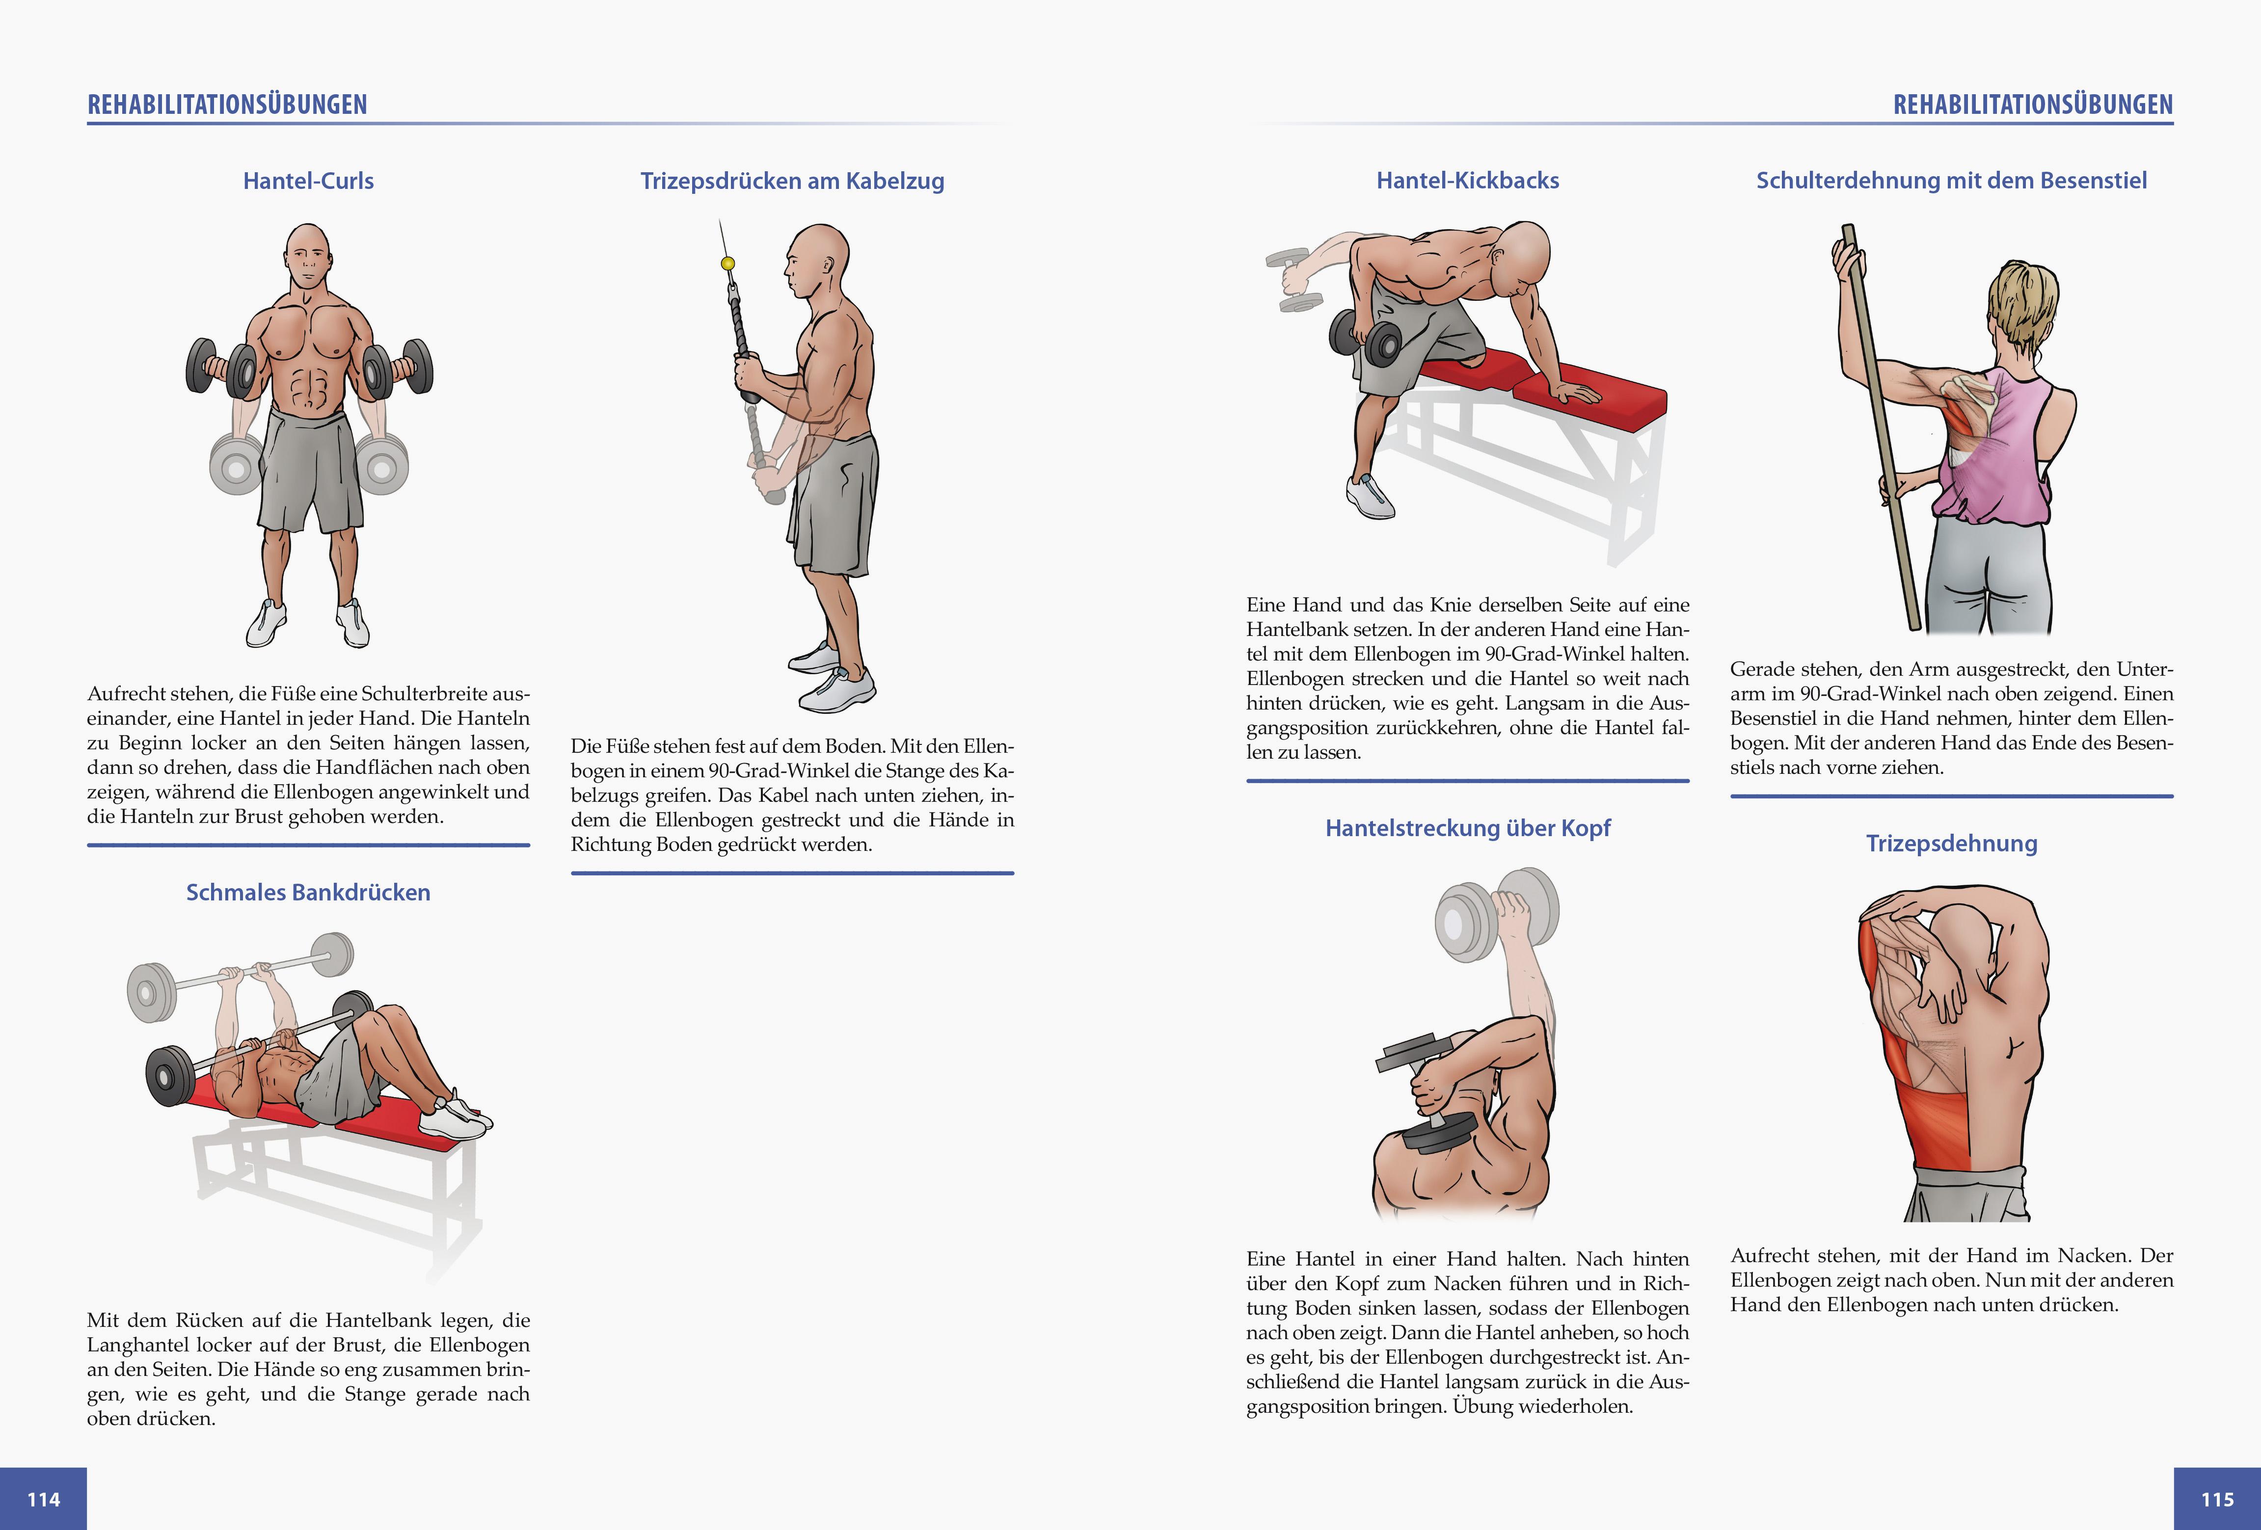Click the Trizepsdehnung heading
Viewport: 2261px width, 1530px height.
pyautogui.click(x=1951, y=844)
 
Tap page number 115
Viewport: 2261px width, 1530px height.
pyautogui.click(x=2217, y=1499)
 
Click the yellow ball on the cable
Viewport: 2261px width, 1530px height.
pyautogui.click(x=727, y=264)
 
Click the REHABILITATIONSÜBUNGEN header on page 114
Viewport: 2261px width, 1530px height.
pyautogui.click(x=228, y=105)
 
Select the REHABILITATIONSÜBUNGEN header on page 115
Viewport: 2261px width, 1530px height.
pyautogui.click(x=2032, y=105)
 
